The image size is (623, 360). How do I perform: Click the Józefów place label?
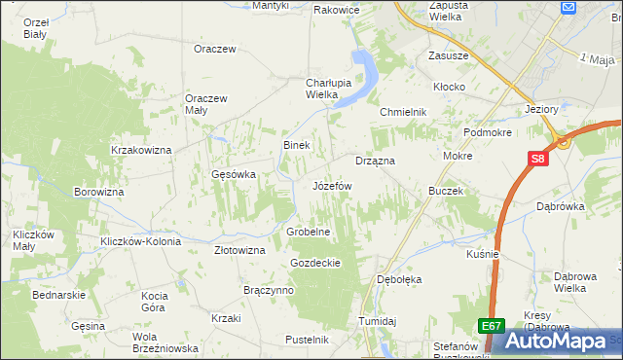tap(332, 185)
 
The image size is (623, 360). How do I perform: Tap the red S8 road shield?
tap(538, 160)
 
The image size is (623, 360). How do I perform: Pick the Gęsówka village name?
tap(234, 175)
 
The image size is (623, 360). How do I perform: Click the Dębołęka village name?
tap(398, 279)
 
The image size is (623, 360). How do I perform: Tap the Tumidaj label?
tap(379, 321)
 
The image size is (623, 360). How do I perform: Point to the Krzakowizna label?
tap(141, 150)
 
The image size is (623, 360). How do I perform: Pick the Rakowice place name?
tap(337, 10)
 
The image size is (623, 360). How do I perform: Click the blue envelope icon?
tap(569, 7)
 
